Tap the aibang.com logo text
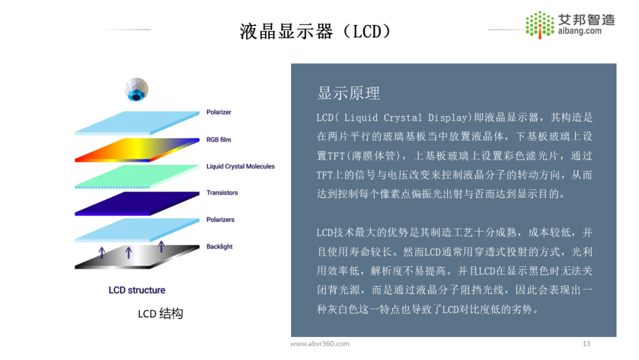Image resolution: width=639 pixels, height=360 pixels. coord(580,31)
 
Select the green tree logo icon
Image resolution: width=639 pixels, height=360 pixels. coord(539,24)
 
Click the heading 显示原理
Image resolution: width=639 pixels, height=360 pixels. coord(348,93)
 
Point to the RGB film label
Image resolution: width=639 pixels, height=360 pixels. coord(219,140)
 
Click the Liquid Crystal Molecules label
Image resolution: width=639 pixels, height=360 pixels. coord(240,166)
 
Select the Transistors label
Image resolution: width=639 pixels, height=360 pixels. coord(222,192)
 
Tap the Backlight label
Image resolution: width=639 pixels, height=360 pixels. coord(220,246)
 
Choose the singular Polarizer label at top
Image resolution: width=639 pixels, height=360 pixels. coord(219,112)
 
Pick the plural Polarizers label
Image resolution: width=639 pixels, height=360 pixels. coord(220,220)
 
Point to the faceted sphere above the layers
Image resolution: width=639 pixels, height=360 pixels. coord(137,89)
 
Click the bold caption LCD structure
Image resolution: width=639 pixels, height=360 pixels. coord(137,290)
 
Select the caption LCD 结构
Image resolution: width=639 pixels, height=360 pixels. coord(160,314)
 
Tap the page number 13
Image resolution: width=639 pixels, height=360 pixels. coord(586,343)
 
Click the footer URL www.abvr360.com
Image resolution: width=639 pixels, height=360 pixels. coord(319,343)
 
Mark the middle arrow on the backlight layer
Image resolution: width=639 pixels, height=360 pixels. coord(128,252)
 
